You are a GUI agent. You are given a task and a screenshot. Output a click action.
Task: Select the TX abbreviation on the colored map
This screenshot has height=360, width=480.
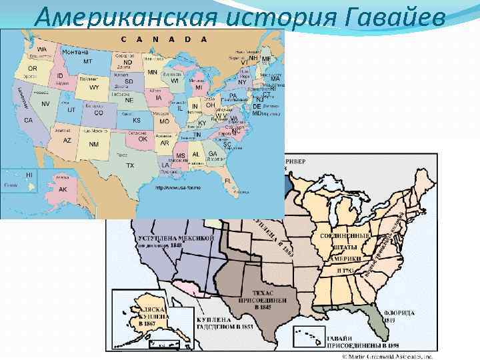(130, 165)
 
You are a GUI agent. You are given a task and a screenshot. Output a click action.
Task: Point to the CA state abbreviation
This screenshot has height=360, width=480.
(29, 120)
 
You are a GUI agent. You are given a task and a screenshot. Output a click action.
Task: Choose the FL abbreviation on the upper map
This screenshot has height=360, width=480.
(228, 180)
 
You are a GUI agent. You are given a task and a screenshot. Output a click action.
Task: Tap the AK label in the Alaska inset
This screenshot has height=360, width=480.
(63, 189)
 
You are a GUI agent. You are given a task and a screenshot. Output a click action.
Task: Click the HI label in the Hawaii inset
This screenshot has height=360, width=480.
(29, 175)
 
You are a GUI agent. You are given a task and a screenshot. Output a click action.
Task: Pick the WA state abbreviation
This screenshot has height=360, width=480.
(42, 50)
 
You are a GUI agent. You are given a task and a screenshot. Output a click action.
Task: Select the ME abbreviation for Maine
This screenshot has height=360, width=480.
(266, 59)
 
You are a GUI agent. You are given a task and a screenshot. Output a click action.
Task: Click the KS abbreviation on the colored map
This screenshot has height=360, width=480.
(137, 121)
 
